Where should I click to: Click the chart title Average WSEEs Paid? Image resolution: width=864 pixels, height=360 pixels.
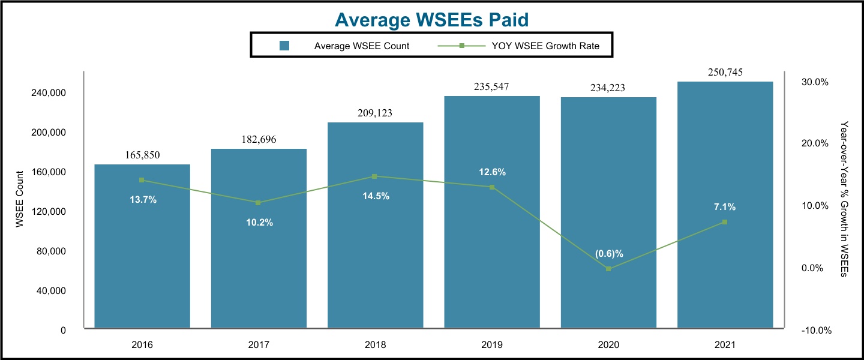(x=431, y=20)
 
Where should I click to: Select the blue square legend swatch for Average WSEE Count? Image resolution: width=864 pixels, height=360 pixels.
(x=284, y=46)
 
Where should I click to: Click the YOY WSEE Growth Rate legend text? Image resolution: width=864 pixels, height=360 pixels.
(x=561, y=46)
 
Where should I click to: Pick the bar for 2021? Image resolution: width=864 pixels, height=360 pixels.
(x=725, y=270)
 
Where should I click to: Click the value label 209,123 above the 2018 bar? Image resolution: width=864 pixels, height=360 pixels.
(x=375, y=113)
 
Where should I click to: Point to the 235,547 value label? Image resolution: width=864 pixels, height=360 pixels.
(x=491, y=86)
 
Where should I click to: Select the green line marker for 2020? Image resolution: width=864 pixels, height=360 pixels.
(x=608, y=269)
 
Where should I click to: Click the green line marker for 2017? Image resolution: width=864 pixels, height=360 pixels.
(x=258, y=203)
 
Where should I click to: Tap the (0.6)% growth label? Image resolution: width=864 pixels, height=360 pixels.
(x=609, y=254)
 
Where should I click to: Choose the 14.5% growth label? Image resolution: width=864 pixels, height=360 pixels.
(x=375, y=196)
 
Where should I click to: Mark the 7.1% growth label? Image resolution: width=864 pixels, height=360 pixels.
(x=725, y=207)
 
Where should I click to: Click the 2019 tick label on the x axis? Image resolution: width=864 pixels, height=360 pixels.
(x=491, y=345)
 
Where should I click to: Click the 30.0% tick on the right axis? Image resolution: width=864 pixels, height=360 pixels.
(x=815, y=82)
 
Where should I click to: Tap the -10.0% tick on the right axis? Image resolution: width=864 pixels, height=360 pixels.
(x=815, y=331)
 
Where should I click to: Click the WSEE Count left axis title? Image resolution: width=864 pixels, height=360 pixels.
(x=20, y=199)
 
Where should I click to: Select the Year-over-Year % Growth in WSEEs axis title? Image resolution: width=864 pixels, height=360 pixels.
(x=844, y=199)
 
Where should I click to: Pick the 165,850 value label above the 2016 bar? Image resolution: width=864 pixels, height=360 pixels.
(x=142, y=155)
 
